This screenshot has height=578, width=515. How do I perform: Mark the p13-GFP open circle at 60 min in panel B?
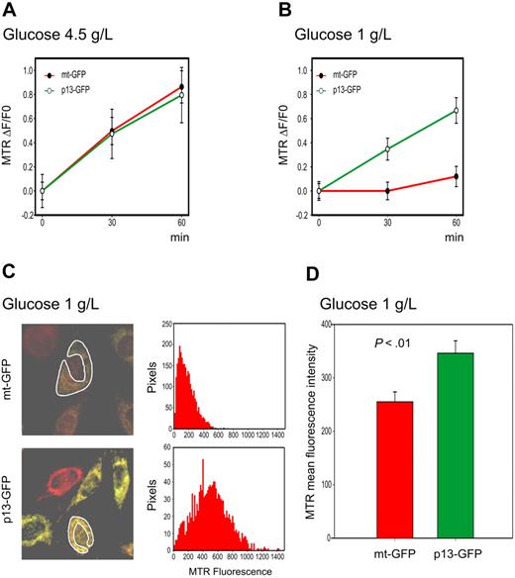[x=457, y=110]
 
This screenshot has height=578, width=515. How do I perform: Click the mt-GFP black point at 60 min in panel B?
[x=457, y=176]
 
